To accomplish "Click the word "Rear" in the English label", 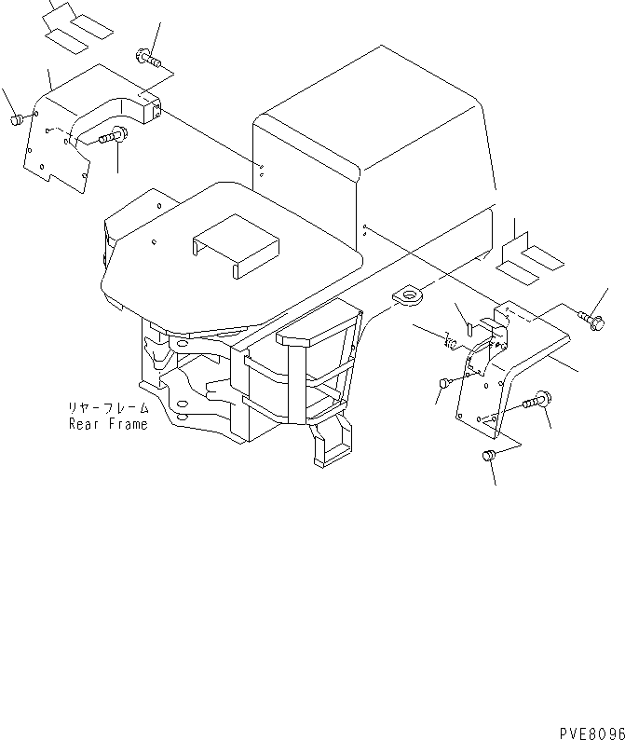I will pyautogui.click(x=82, y=424).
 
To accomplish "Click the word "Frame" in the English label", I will pyautogui.click(x=126, y=424).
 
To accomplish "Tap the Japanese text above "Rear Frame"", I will pyautogui.click(x=107, y=408).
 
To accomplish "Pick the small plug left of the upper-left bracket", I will pyautogui.click(x=16, y=120).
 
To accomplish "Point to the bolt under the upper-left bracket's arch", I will pyautogui.click(x=112, y=137).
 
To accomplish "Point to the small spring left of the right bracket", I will pyautogui.click(x=450, y=345).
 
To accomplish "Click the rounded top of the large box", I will pyautogui.click(x=373, y=103).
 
